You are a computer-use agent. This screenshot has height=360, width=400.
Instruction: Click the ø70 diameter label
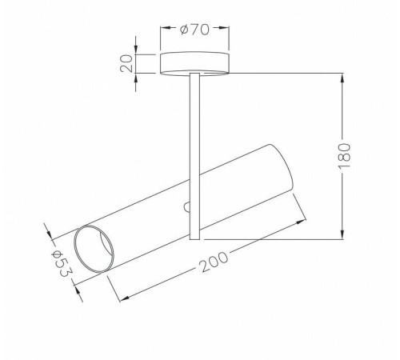pos(194,30)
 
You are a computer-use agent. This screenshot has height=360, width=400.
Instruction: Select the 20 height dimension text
pos(126,63)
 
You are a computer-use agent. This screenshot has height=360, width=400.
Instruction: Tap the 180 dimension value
pos(344,156)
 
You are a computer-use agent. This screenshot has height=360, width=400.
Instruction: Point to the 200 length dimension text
pos(214,262)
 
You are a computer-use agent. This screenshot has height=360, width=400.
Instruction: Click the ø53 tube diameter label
pos(62,264)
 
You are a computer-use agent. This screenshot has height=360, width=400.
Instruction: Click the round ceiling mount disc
pos(194,63)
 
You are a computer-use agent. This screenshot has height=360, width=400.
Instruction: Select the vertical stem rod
pos(194,156)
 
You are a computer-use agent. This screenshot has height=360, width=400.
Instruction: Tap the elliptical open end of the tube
pos(94,249)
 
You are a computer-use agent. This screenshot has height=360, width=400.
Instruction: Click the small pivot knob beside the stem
pos(187,207)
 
